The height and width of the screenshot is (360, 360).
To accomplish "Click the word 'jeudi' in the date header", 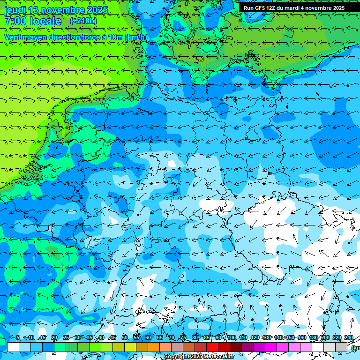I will pyautogui.click(x=15, y=10).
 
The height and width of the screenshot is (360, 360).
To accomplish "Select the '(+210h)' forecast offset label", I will pyautogui.click(x=83, y=21).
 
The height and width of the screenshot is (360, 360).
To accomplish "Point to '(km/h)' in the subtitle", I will pyautogui.click(x=136, y=37).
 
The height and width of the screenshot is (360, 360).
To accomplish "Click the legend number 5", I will pyautogui.click(x=17, y=337).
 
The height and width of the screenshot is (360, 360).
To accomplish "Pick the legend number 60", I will pyautogui.click(x=148, y=337).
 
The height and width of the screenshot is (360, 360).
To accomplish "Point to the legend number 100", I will pyautogui.click(x=231, y=337).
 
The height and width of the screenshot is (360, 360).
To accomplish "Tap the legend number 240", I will pyautogui.click(x=348, y=337).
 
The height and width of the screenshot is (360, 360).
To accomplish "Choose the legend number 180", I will pyautogui.click(x=313, y=337).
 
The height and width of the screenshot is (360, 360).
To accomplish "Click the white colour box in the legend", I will pyautogui.click(x=13, y=347).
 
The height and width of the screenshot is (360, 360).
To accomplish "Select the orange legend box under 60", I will pyautogui.click(x=154, y=347).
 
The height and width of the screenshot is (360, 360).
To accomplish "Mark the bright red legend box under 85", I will pyautogui.click(x=212, y=347).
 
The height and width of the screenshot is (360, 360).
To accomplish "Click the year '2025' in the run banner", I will pyautogui.click(x=337, y=8).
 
